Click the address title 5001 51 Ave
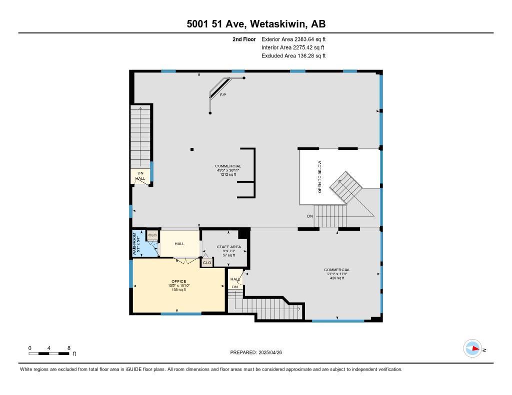pyautogui.click(x=255, y=24)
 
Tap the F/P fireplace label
pyautogui.click(x=223, y=94)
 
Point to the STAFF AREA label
pyautogui.click(x=229, y=247)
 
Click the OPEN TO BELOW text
pyautogui.click(x=320, y=177)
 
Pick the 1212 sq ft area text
pyautogui.click(x=228, y=174)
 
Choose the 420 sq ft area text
pyautogui.click(x=337, y=278)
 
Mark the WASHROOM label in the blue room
pyautogui.click(x=134, y=243)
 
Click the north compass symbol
pyautogui.click(x=473, y=349)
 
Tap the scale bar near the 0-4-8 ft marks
pyautogui.click(x=49, y=354)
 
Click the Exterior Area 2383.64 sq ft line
pyautogui.click(x=293, y=39)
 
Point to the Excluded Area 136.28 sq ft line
pyautogui.click(x=293, y=56)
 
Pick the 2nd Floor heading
pyautogui.click(x=244, y=39)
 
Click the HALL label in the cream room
pyautogui.click(x=179, y=244)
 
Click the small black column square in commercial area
pyautogui.click(x=192, y=148)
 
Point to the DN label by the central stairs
pyautogui.click(x=310, y=216)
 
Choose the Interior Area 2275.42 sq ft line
pyautogui.click(x=293, y=47)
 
